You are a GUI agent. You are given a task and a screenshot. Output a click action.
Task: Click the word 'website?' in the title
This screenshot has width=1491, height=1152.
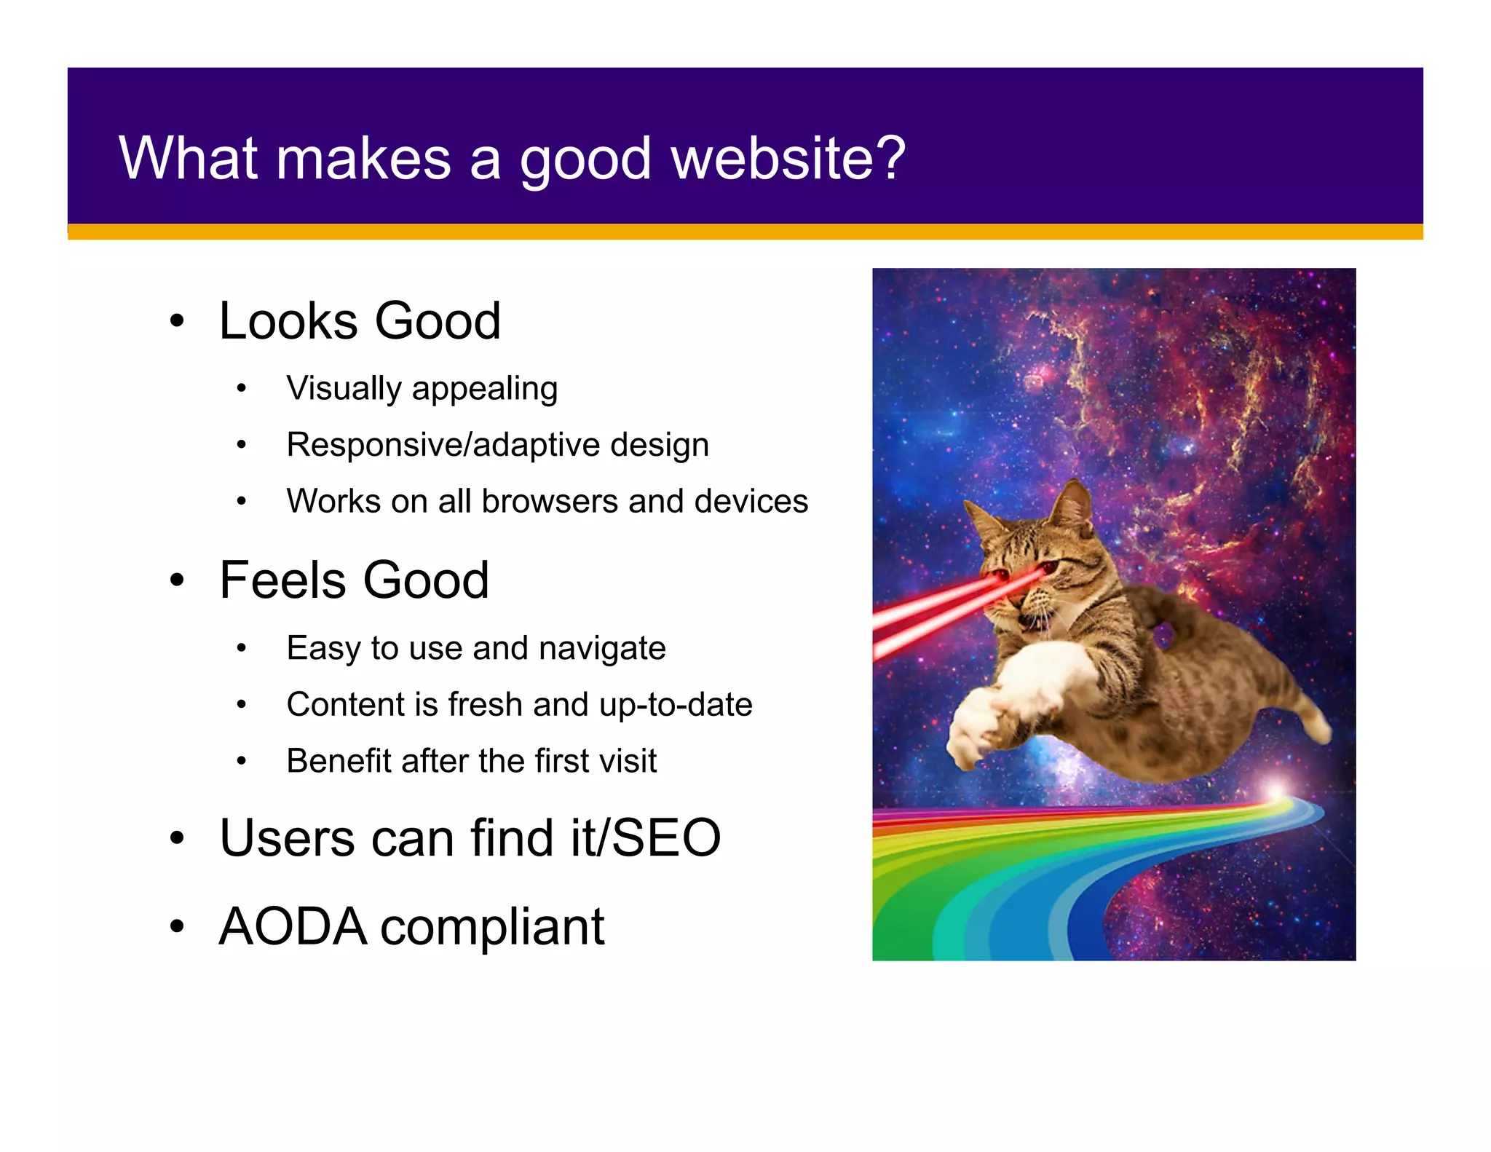[788, 158]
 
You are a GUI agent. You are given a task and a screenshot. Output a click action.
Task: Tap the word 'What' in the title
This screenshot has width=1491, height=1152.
[188, 158]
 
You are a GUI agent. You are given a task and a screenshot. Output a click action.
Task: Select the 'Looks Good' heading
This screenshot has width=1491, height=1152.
[360, 321]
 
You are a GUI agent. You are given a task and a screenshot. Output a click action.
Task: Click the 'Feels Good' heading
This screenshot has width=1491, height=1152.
[354, 580]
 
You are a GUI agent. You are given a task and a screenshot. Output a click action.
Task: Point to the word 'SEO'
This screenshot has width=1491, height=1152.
[665, 838]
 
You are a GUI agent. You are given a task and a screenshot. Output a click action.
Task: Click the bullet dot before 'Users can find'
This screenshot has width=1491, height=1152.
[177, 838]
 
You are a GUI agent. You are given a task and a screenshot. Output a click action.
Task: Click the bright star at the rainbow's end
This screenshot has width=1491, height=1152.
[1275, 791]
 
